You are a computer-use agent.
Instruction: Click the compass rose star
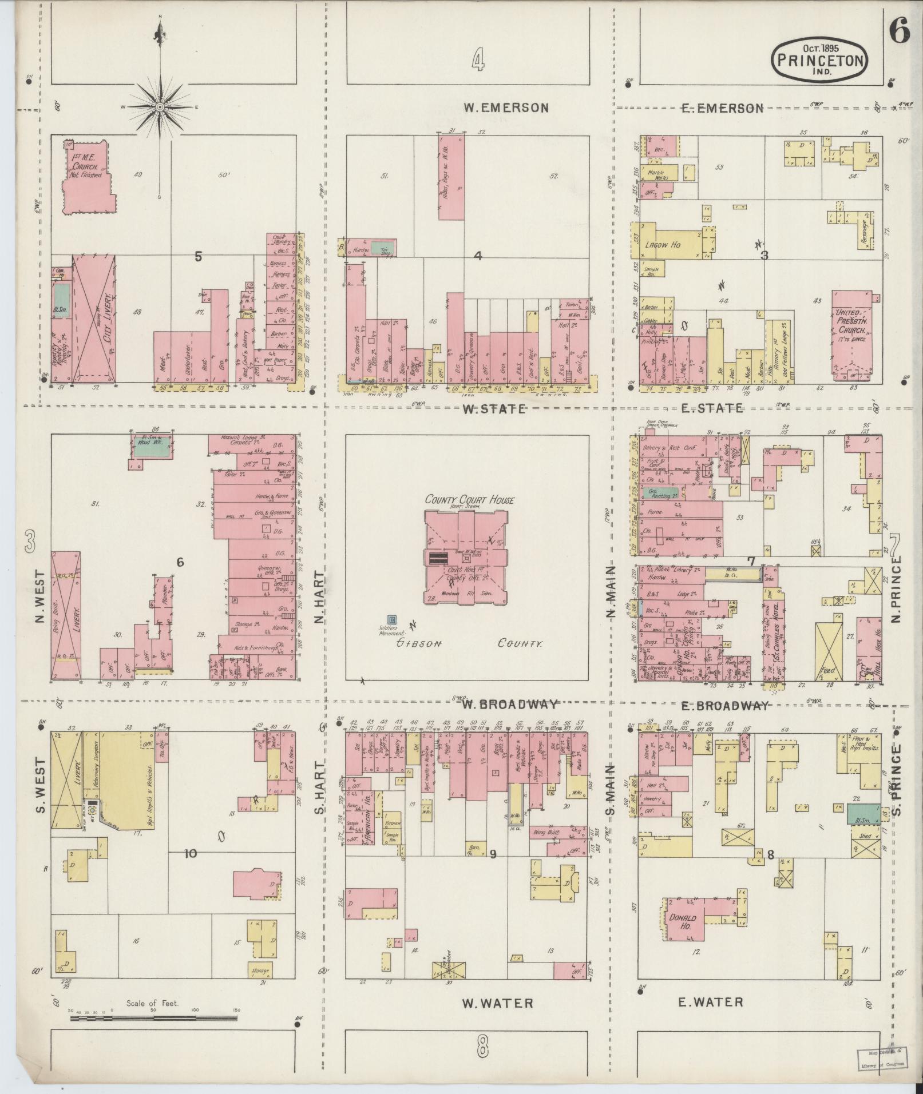click(160, 107)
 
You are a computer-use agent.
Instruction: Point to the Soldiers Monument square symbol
click(392, 620)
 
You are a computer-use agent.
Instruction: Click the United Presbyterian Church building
click(852, 335)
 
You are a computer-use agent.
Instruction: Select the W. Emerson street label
click(505, 108)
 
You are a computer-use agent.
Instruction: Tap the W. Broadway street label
click(510, 704)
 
